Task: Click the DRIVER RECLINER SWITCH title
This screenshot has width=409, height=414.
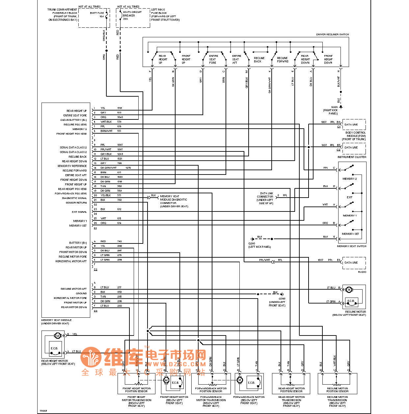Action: (x=332, y=34)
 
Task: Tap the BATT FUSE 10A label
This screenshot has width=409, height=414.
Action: (x=97, y=15)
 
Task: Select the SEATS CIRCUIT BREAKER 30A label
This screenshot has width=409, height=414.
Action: (x=132, y=15)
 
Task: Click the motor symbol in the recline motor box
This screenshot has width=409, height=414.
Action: (x=349, y=290)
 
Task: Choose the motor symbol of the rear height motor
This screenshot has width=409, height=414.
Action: (x=58, y=336)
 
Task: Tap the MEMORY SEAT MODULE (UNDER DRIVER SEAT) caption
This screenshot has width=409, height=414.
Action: (x=56, y=322)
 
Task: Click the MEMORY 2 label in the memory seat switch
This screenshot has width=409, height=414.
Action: (x=349, y=179)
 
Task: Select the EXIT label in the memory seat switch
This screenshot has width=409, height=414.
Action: (x=349, y=197)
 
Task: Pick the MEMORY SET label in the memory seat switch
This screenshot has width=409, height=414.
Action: (x=350, y=234)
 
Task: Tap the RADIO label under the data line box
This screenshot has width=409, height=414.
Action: (x=362, y=272)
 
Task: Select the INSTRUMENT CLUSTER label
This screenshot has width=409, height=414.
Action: (x=352, y=157)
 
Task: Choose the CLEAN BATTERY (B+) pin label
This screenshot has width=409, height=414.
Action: (x=73, y=120)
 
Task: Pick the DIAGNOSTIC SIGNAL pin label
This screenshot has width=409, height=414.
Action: (x=74, y=198)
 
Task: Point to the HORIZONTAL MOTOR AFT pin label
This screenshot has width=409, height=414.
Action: (x=71, y=261)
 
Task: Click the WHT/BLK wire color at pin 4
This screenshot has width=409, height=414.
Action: (x=106, y=122)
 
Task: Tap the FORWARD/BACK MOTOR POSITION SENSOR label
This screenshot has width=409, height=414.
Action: (x=211, y=390)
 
